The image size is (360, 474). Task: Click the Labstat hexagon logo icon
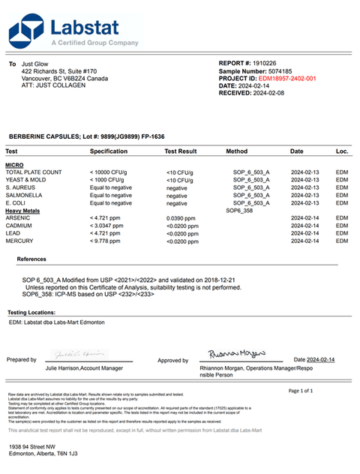point(26,31)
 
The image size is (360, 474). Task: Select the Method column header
point(236,151)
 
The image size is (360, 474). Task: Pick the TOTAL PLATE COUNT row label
point(34,172)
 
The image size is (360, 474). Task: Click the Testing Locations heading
point(32,312)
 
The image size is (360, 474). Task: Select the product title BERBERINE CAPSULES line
point(86,136)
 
